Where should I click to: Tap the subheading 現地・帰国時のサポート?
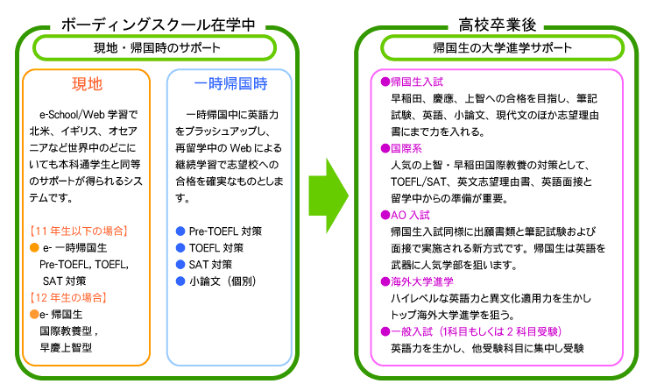[157, 47]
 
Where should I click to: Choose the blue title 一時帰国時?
[230, 85]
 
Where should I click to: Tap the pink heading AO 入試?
[408, 214]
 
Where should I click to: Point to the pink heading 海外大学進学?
[417, 281]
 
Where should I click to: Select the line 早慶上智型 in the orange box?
[66, 347]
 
